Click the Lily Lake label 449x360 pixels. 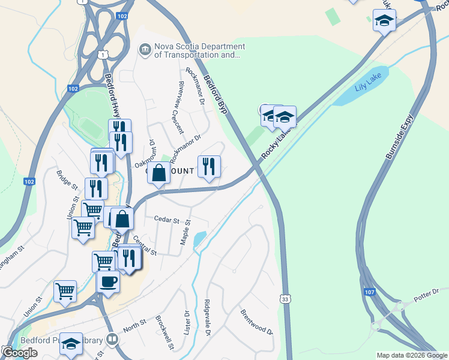click(x=368, y=85)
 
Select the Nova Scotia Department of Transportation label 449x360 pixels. click(x=191, y=51)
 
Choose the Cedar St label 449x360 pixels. click(x=167, y=220)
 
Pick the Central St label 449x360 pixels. click(x=145, y=245)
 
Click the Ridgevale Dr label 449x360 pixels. click(x=208, y=316)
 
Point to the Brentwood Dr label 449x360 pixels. click(x=256, y=322)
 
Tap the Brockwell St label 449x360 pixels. click(x=164, y=333)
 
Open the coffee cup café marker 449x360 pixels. click(x=108, y=281)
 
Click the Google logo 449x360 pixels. click(x=19, y=353)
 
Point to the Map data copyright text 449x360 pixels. click(x=412, y=355)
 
